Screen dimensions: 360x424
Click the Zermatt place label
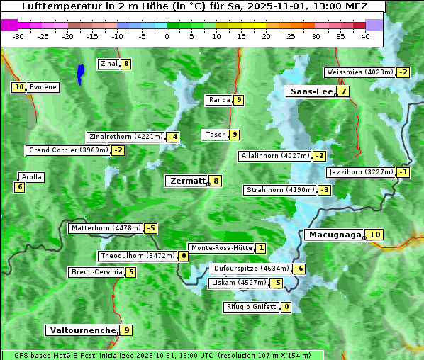186,181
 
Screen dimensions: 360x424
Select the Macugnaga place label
334,235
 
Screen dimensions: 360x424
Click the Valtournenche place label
82,330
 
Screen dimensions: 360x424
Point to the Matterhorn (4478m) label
105,228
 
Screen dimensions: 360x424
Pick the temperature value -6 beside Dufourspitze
299,269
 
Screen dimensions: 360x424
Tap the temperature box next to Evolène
19,87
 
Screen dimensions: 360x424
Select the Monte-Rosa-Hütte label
221,248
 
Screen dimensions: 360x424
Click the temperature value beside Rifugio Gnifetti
286,307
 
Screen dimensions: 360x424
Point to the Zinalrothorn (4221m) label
125,137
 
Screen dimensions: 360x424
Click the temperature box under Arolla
19,187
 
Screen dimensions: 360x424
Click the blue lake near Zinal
81,74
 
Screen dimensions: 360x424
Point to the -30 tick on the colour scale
18,35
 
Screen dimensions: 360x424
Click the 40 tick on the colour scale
365,35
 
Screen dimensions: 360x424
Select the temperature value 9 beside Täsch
235,135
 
